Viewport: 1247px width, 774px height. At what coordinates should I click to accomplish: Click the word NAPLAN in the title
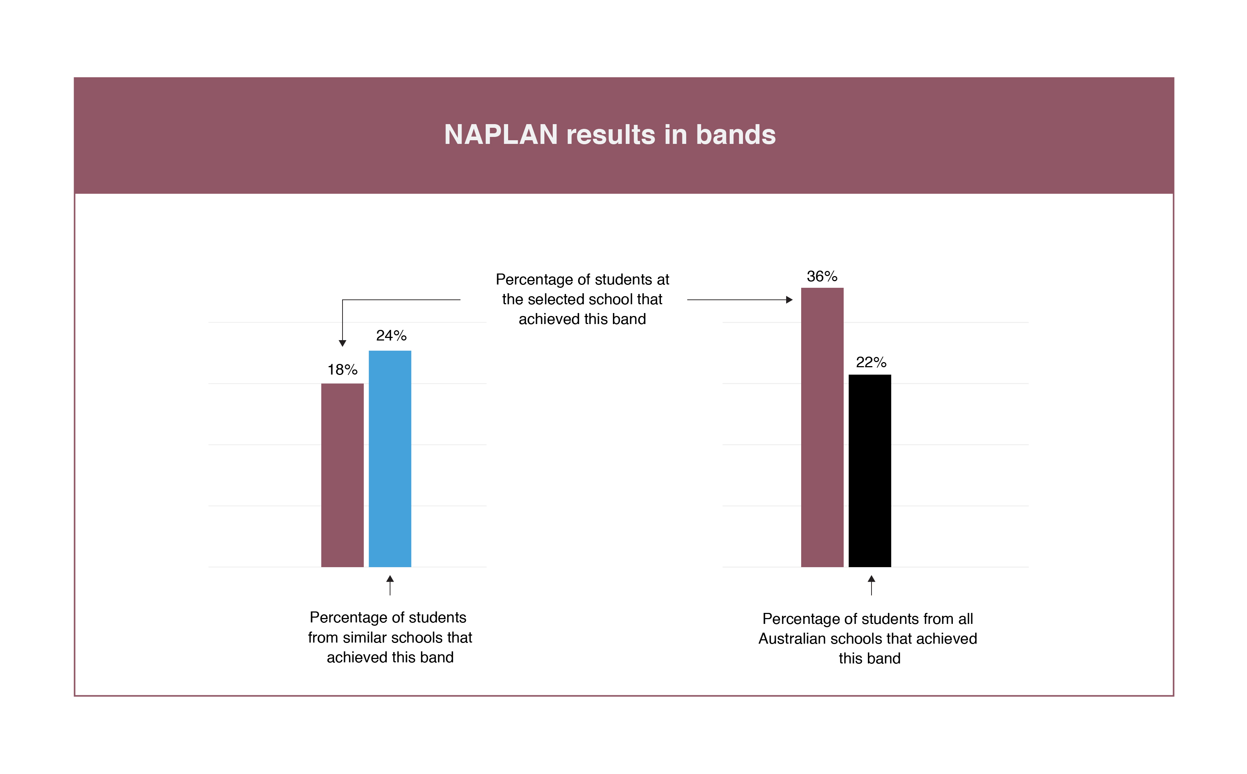coord(500,135)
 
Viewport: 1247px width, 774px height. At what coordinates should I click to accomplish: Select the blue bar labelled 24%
coord(390,459)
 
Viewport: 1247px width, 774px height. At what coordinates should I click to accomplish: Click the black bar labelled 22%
coord(870,471)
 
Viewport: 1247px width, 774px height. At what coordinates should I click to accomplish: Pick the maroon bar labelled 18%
coord(342,475)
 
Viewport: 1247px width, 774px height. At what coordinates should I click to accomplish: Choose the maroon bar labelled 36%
coord(822,427)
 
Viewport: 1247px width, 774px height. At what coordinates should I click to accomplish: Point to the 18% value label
coord(343,369)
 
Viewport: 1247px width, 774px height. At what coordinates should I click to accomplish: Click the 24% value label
coord(391,336)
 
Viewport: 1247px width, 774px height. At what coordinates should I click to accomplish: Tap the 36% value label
coord(822,276)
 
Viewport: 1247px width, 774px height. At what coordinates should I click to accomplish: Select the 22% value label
coord(871,362)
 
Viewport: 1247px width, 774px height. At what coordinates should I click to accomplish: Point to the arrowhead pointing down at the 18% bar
coord(343,343)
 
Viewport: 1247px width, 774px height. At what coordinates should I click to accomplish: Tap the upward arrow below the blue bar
coord(390,585)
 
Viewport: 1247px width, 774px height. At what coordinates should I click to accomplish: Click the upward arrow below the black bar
coord(872,585)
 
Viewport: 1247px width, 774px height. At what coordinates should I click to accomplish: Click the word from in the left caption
coord(323,638)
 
